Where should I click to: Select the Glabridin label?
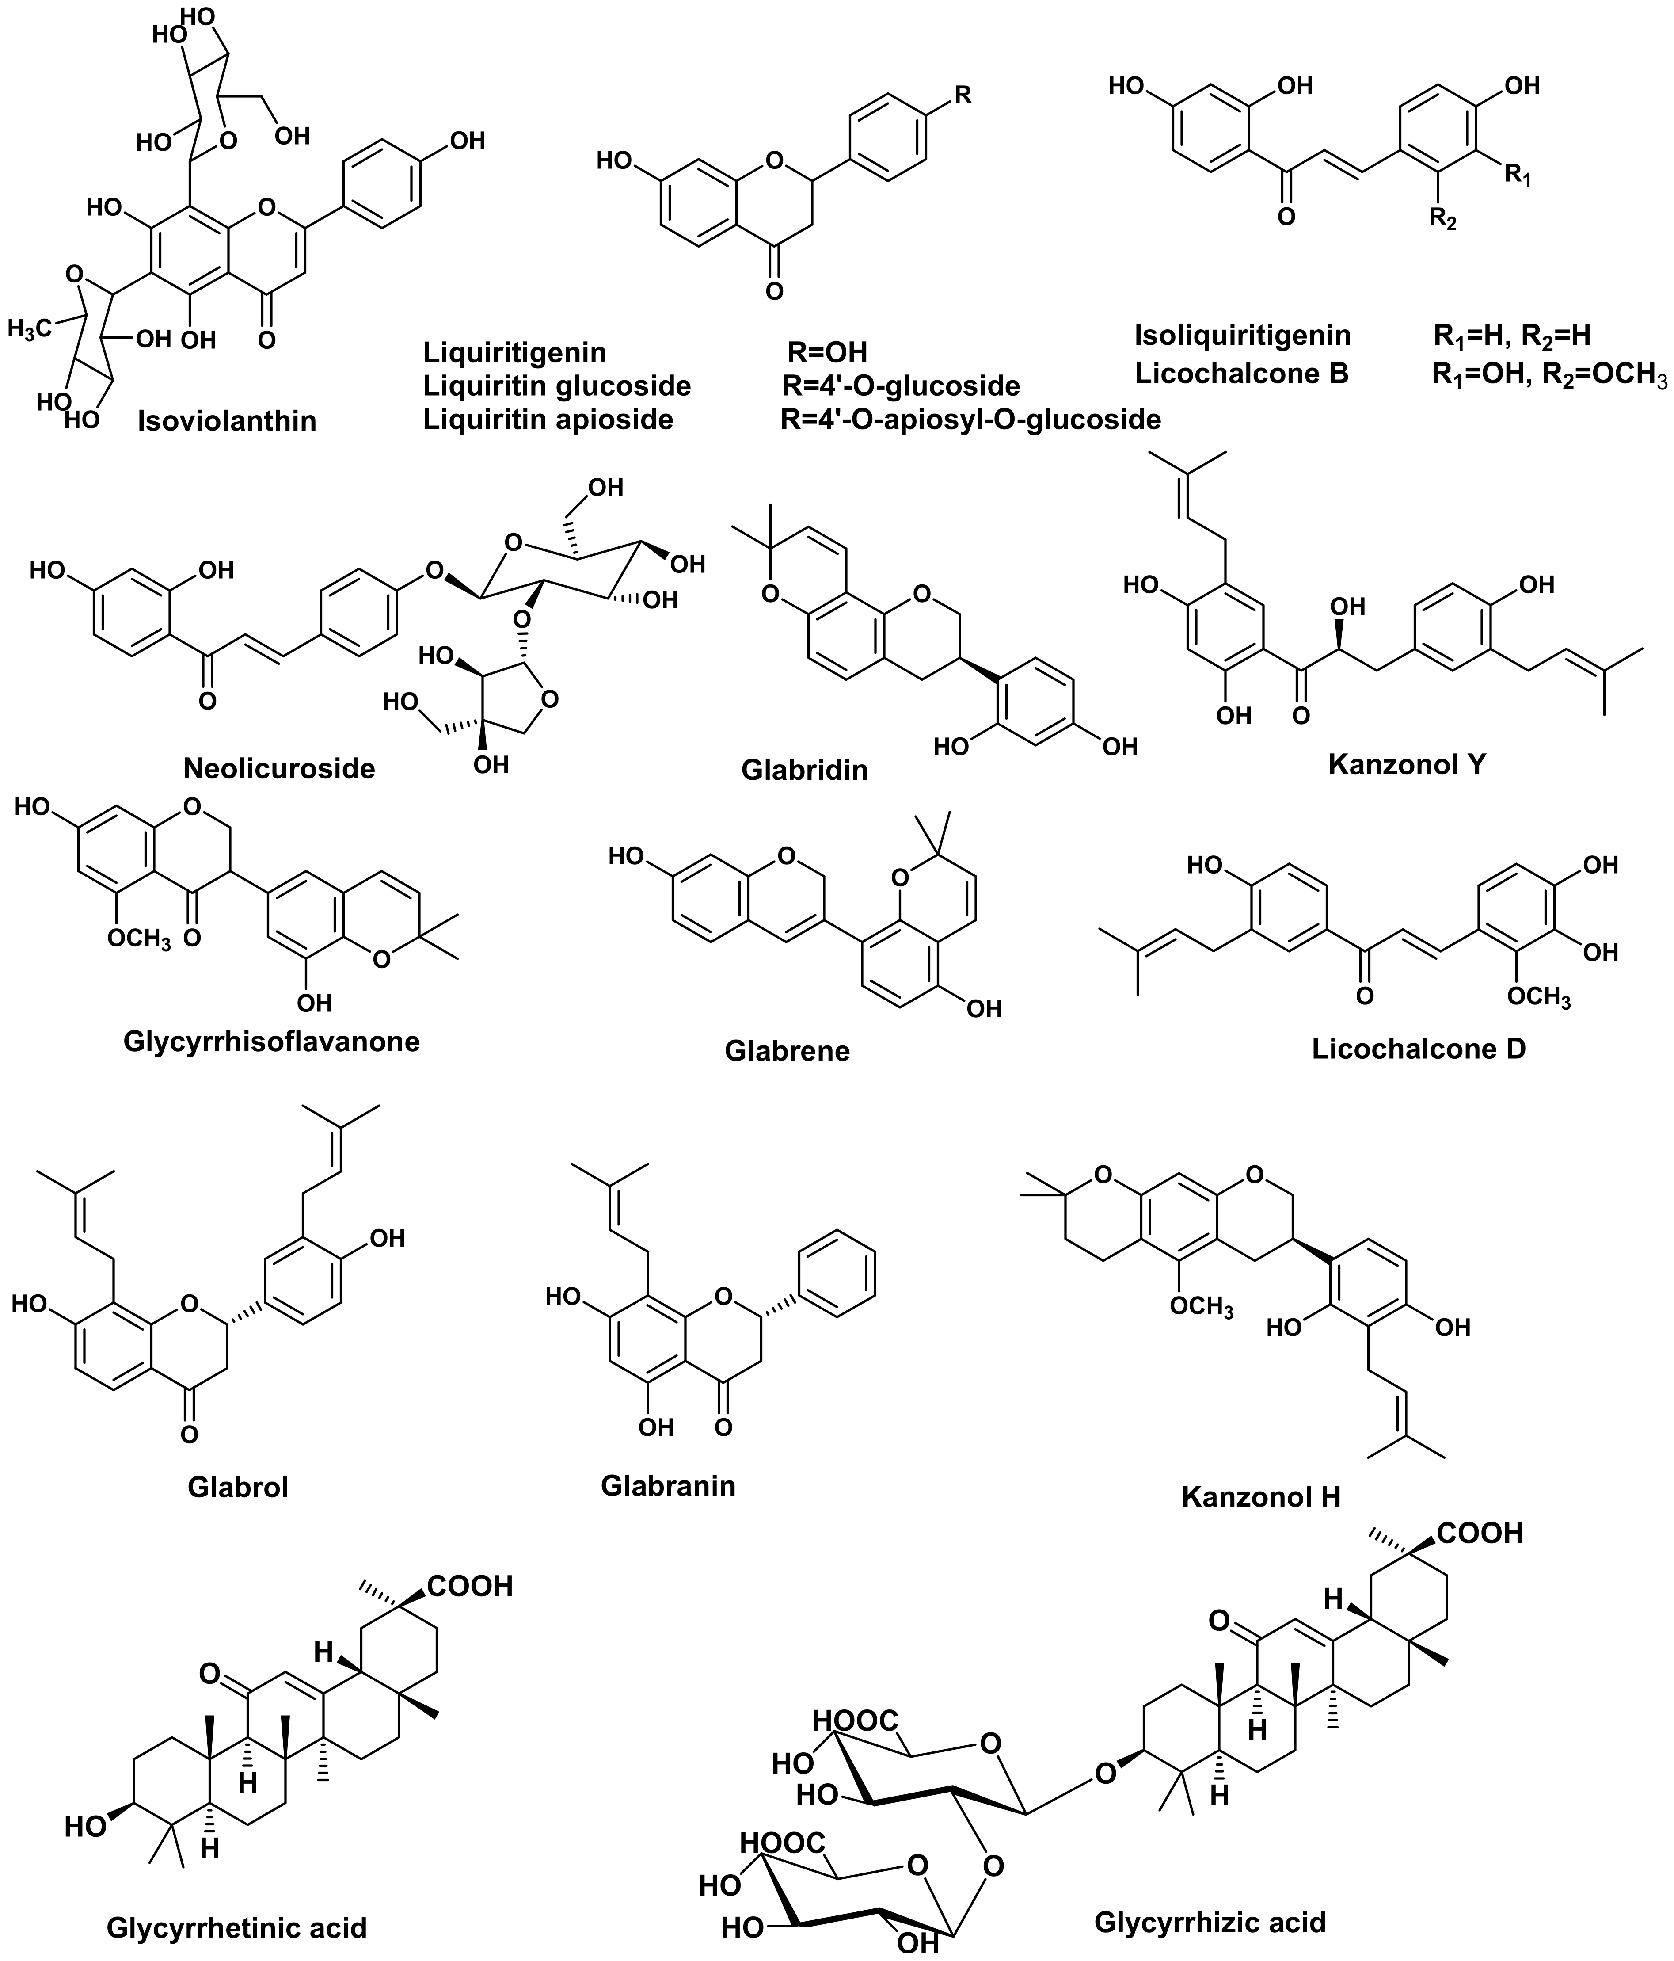(804, 770)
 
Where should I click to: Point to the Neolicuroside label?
(279, 767)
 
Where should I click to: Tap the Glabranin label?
(668, 1485)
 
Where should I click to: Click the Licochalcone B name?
(1241, 374)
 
